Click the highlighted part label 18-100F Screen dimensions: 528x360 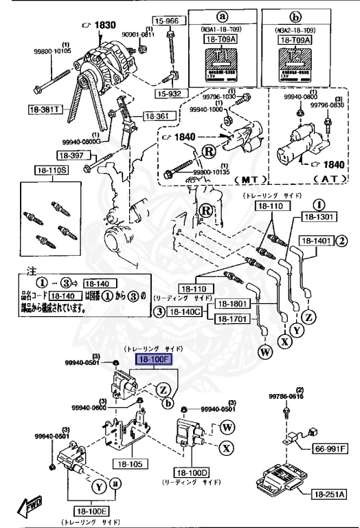coord(154,360)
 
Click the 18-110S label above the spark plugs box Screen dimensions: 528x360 coord(43,169)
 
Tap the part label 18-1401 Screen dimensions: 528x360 coord(315,241)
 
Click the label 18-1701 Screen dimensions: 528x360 coord(231,319)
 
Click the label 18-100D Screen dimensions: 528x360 coord(192,474)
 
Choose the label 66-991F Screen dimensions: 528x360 coord(330,449)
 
